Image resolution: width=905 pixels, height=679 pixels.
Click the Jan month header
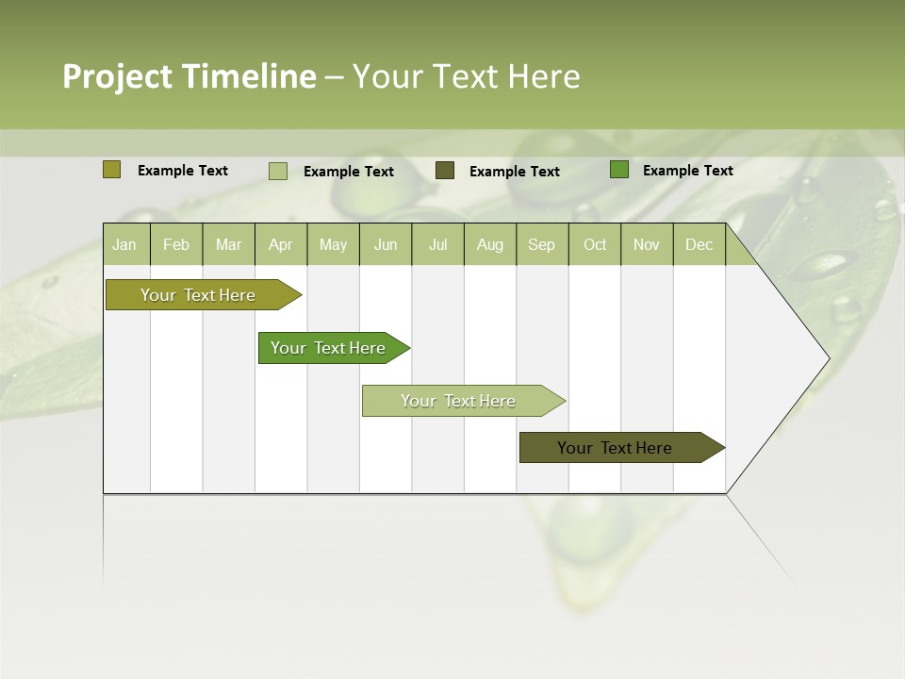point(124,244)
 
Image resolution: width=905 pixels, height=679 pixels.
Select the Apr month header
point(281,244)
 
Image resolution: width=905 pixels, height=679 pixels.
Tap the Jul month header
point(437,244)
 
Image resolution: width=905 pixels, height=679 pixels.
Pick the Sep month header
point(541,244)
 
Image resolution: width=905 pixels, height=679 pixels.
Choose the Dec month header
point(699,244)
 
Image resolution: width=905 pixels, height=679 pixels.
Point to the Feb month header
point(176,244)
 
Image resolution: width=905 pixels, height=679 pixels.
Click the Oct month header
point(595,244)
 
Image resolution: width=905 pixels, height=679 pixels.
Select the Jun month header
point(386,244)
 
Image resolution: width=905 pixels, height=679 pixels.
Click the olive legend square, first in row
point(111,170)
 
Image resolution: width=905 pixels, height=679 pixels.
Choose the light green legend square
point(278,171)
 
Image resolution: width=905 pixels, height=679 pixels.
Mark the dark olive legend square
point(445,171)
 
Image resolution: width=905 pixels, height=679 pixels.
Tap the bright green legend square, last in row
point(619,170)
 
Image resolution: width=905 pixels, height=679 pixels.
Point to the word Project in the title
point(117,76)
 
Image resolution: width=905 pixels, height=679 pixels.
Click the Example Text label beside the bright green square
point(687,170)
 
